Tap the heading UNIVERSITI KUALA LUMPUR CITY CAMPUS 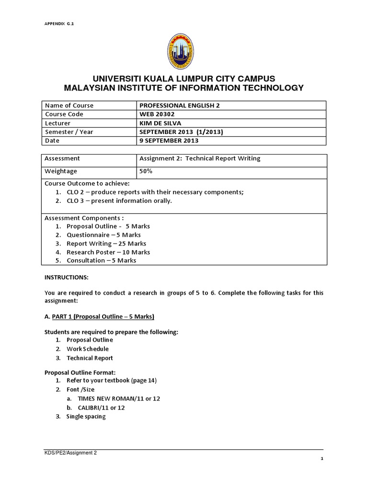pyautogui.click(x=184, y=78)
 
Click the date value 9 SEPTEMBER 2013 pyautogui.click(x=169, y=141)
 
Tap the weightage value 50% pyautogui.click(x=146, y=171)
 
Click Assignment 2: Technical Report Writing pyautogui.click(x=199, y=158)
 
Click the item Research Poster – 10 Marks pyautogui.click(x=108, y=252)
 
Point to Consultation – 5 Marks pyautogui.click(x=101, y=260)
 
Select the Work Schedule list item pyautogui.click(x=88, y=349)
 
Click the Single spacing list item pyautogui.click(x=86, y=416)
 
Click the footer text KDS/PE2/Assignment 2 pyautogui.click(x=70, y=452)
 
